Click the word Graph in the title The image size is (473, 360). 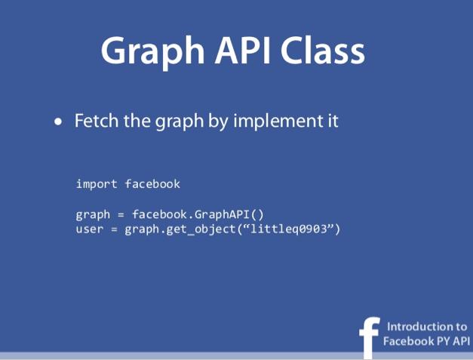152,51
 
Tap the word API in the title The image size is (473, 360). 242,50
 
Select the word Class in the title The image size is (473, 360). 323,50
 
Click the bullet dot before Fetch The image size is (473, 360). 59,122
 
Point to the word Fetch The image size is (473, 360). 97,121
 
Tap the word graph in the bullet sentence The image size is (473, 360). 180,122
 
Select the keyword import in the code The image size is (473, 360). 97,184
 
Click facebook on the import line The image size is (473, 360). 152,183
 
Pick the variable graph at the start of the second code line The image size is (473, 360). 93,215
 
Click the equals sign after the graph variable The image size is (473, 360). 121,215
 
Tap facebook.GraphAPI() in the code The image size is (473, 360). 198,214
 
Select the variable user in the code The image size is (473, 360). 90,229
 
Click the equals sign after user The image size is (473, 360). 114,229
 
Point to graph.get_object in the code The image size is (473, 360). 180,229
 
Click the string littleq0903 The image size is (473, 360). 289,229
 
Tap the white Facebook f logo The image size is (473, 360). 370,337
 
